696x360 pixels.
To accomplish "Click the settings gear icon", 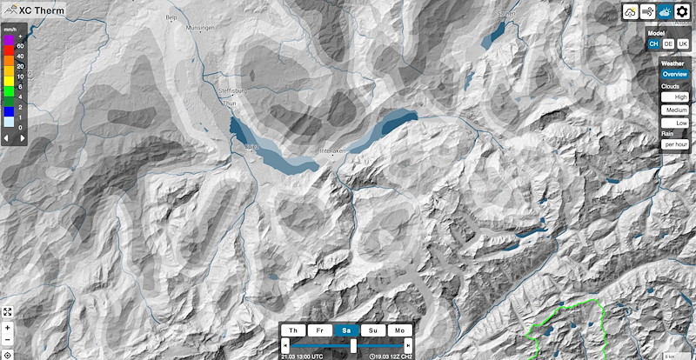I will pos(682,13).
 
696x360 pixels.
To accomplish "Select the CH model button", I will pos(653,43).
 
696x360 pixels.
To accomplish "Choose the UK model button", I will pos(683,43).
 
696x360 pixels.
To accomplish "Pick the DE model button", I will pos(668,43).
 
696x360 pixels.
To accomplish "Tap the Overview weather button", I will pos(674,75).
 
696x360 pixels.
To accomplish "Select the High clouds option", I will pos(675,97).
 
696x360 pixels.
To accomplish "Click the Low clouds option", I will pos(675,123).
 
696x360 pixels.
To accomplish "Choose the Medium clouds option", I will pos(675,110).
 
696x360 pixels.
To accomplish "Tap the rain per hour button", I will pos(675,144).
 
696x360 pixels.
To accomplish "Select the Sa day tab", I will pos(345,331).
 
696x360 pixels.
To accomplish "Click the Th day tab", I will pos(293,331).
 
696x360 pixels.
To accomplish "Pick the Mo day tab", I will pos(399,331).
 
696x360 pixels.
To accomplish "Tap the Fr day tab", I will pos(319,331).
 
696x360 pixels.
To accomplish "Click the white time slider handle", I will pos(353,346).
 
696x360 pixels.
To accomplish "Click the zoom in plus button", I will pos(7,327).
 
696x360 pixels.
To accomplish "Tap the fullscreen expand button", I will pos(7,311).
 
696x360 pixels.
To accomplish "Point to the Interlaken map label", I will pos(334,151).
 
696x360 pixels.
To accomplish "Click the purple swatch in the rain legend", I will pos(8,40).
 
